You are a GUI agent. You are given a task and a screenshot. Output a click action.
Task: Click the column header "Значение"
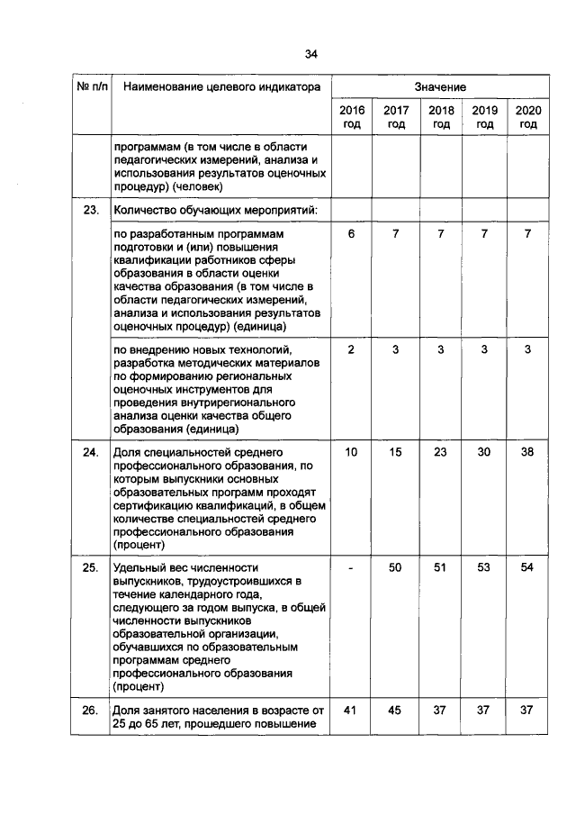(x=440, y=87)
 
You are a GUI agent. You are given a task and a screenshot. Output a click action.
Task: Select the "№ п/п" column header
(x=91, y=87)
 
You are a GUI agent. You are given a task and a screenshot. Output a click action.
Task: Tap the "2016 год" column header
(x=352, y=117)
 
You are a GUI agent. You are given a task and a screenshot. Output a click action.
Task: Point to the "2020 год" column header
(x=527, y=117)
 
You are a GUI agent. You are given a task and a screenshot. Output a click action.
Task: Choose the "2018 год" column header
(x=440, y=117)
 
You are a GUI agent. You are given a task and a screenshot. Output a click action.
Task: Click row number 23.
(x=91, y=211)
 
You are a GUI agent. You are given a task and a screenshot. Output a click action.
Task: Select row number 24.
(x=91, y=452)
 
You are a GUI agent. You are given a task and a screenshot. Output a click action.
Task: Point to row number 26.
(x=91, y=710)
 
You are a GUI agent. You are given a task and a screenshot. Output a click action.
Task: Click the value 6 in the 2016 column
(x=352, y=234)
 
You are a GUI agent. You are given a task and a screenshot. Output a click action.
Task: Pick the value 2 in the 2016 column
(x=352, y=349)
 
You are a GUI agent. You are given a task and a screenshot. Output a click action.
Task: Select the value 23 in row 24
(x=440, y=452)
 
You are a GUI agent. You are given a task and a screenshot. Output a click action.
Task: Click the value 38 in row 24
(x=527, y=452)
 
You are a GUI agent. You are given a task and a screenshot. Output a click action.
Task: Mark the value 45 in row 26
(x=396, y=710)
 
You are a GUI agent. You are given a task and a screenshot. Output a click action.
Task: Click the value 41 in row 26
(x=352, y=710)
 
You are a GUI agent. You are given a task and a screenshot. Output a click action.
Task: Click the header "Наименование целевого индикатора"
(x=221, y=87)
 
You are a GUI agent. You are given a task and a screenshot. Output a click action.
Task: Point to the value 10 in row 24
(x=352, y=452)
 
